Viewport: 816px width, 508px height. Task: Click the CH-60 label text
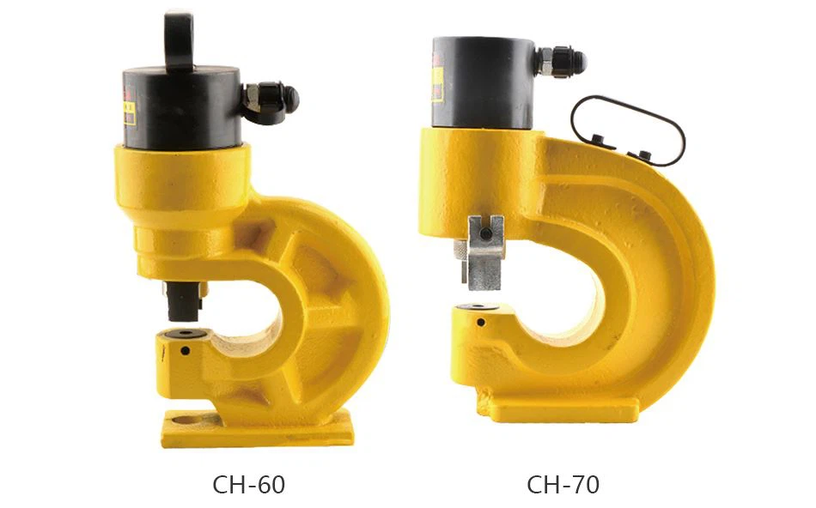click(249, 485)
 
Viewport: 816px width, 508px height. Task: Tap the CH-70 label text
click(563, 485)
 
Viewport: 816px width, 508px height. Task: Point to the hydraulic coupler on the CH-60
click(271, 101)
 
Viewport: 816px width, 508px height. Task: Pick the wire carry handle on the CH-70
click(628, 130)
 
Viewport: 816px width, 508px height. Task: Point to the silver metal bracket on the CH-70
click(485, 251)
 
